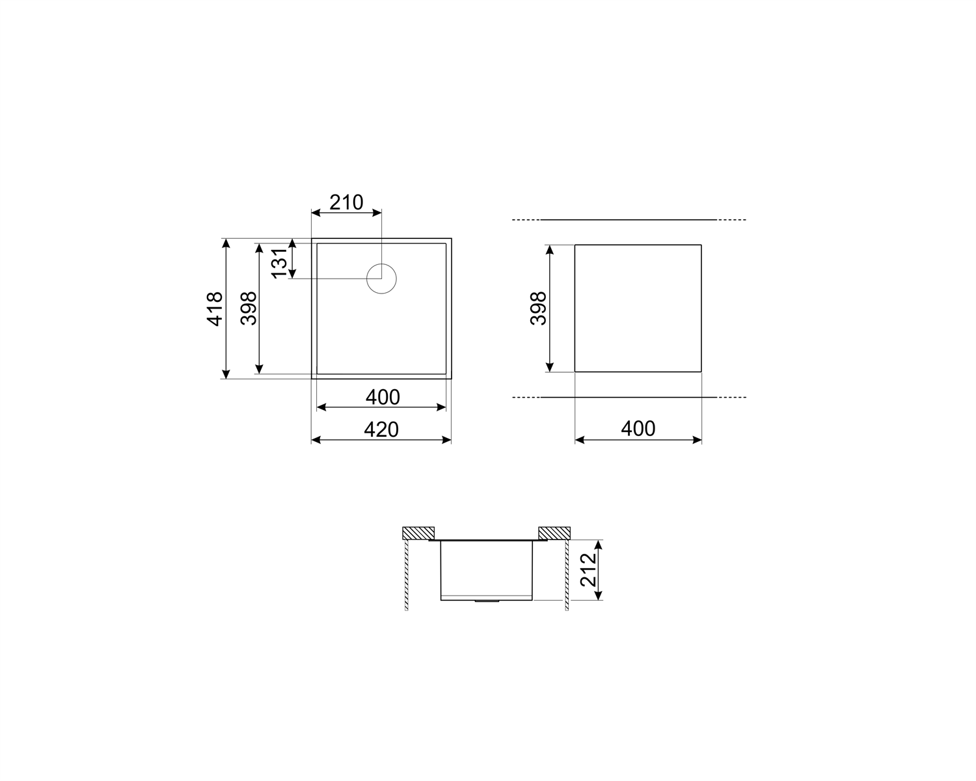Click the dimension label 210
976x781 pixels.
tap(346, 202)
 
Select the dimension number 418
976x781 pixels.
tap(214, 308)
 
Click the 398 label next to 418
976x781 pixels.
tap(248, 308)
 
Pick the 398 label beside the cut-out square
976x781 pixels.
tap(538, 308)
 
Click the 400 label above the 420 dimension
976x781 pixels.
tap(382, 396)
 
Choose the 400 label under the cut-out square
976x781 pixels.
tap(638, 428)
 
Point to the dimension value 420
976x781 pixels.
tap(381, 429)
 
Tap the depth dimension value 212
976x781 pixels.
tap(588, 569)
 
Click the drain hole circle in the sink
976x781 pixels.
tap(381, 279)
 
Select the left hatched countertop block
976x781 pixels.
tap(418, 532)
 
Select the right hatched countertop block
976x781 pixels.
tap(554, 532)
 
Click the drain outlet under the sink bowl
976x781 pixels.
tap(487, 602)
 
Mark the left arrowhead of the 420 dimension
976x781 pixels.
tap(315, 440)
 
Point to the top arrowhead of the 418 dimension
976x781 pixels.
tap(226, 241)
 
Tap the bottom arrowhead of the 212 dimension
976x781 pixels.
tap(599, 596)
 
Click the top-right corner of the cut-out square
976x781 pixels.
tap(701, 245)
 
